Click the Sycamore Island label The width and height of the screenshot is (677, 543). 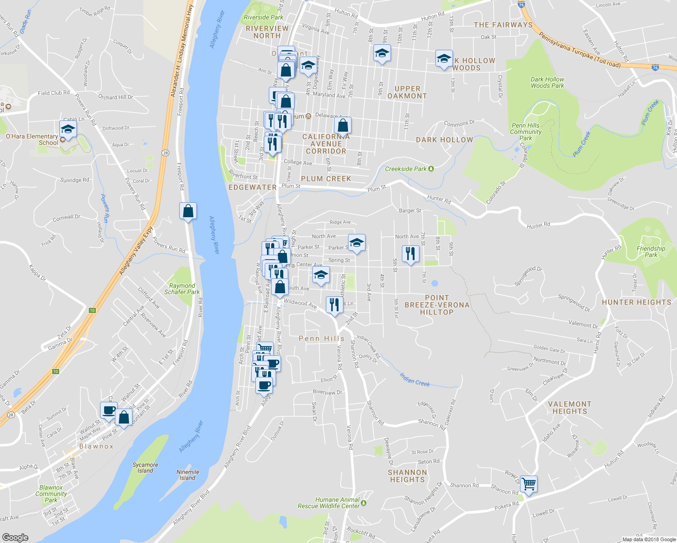[145, 468]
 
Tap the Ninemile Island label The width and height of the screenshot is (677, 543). [187, 475]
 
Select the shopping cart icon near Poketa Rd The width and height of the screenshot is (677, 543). [529, 484]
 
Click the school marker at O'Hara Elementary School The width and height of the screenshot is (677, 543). [68, 129]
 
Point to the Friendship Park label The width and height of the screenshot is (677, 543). [651, 252]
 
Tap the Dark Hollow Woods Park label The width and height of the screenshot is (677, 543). [547, 82]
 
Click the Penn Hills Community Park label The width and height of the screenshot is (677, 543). [525, 132]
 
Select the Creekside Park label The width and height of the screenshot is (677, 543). [406, 169]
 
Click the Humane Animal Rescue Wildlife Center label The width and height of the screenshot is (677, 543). [329, 503]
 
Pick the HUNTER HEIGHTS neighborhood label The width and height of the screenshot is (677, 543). [636, 302]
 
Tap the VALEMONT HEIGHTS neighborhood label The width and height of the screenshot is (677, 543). [570, 408]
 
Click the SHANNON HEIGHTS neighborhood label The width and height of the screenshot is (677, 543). [407, 476]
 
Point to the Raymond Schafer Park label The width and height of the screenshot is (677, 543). [182, 289]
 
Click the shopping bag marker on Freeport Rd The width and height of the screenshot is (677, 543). [188, 211]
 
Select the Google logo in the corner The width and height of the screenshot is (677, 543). [15, 537]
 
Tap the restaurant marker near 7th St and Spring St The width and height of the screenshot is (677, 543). [410, 254]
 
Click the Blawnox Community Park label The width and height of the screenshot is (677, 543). [51, 494]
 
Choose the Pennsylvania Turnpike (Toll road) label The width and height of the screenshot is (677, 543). [579, 51]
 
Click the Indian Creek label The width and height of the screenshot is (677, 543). [415, 379]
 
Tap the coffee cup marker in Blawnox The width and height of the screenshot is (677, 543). [109, 410]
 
